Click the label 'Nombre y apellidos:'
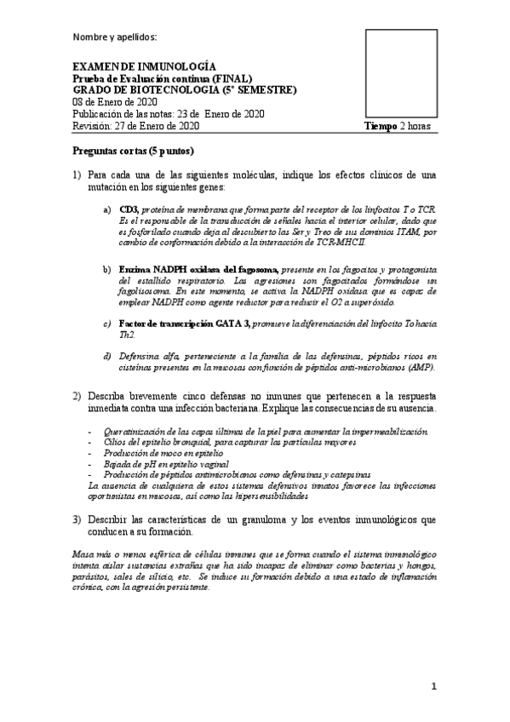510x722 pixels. point(115,37)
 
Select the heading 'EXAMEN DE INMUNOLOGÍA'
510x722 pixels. point(143,66)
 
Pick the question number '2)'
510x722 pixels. point(77,395)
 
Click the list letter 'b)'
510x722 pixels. point(106,269)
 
